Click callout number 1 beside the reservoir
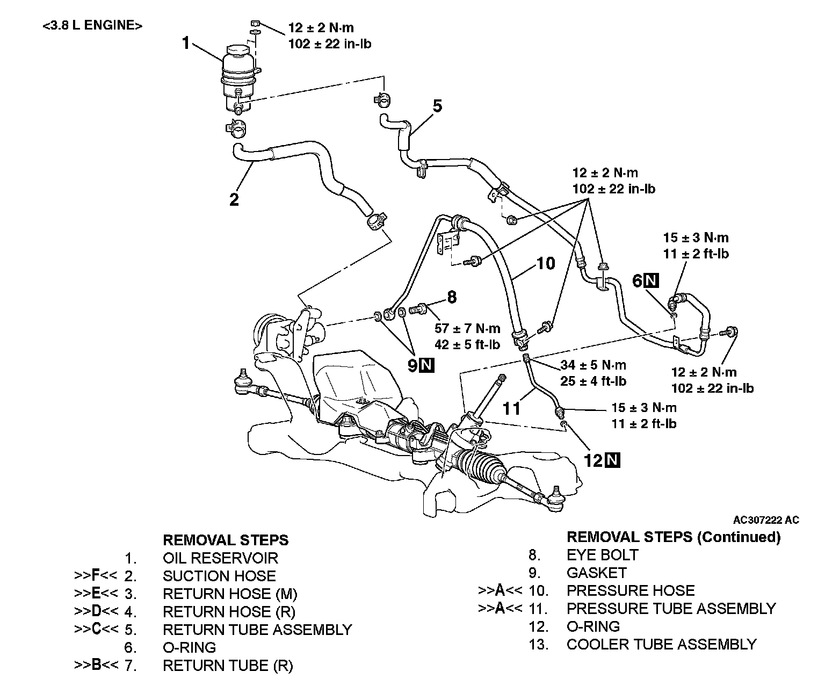(186, 43)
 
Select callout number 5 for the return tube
(437, 106)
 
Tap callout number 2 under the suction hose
(234, 200)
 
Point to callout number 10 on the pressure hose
(545, 263)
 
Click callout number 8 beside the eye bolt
(452, 297)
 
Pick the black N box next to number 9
(427, 365)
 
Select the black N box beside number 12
(612, 460)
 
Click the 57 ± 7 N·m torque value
(467, 328)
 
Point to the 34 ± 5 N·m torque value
(593, 365)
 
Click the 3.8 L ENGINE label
(92, 26)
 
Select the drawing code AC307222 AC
(766, 519)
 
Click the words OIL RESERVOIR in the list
(220, 558)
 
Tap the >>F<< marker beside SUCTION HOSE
(95, 576)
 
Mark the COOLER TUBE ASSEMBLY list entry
(661, 644)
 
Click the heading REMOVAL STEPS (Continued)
(674, 537)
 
